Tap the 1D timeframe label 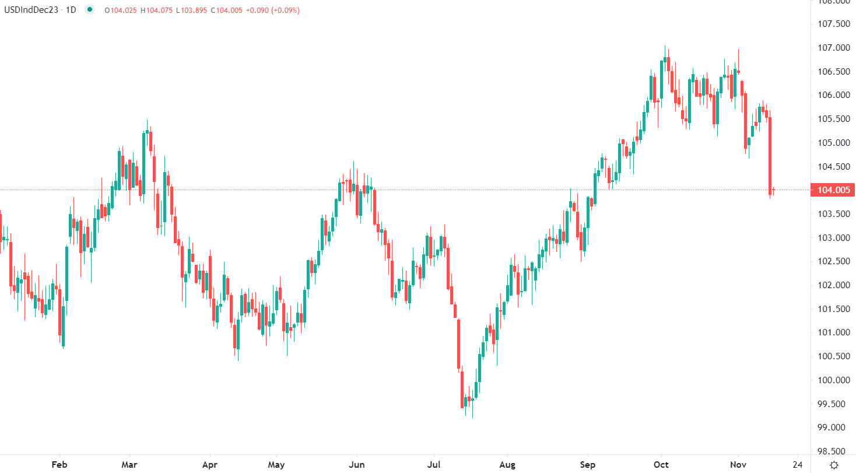(x=71, y=10)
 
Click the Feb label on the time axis (x=59, y=465)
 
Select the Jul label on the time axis (x=433, y=465)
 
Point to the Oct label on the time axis (x=661, y=465)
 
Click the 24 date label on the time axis (x=798, y=465)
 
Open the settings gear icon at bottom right (x=834, y=465)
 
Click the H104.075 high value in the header (x=156, y=10)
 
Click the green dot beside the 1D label (x=89, y=10)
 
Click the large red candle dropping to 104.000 (x=770, y=155)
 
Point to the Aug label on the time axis (x=507, y=465)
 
